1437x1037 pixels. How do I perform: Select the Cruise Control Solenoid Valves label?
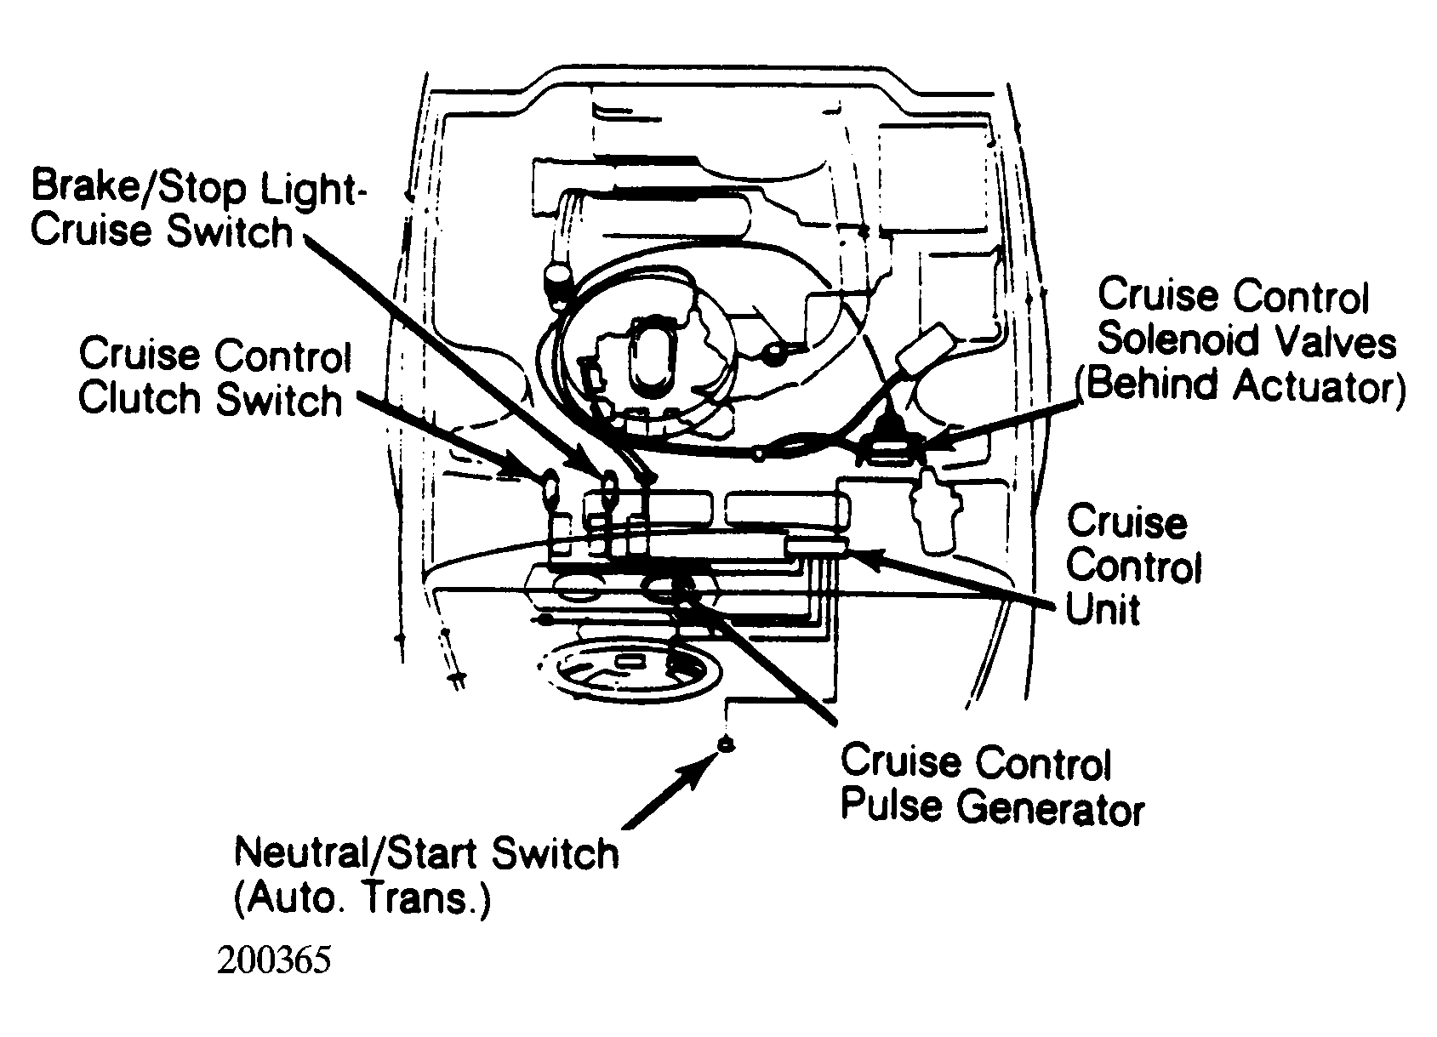[1246, 318]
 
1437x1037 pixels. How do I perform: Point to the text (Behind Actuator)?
[1240, 385]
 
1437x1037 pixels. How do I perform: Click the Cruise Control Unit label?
[1133, 565]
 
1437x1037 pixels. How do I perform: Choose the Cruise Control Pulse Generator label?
[992, 784]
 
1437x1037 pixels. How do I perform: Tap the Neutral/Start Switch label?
[426, 854]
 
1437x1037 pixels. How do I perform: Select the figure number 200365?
[274, 960]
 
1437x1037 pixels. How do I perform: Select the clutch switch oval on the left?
[550, 488]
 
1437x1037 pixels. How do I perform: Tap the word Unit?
[1102, 608]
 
